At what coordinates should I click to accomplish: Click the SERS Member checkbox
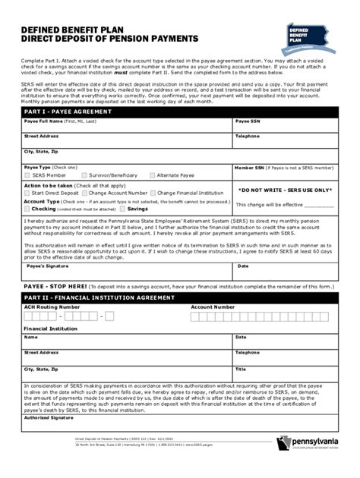[27, 175]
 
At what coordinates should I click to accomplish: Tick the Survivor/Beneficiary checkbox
[84, 175]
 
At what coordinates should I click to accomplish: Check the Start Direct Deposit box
[27, 193]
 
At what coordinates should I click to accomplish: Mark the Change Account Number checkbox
[86, 193]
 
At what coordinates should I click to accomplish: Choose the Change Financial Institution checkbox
[153, 193]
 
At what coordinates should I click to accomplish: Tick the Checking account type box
[27, 208]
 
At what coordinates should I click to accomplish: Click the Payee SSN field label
[248, 121]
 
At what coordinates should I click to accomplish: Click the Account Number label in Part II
[213, 307]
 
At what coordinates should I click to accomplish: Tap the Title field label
[241, 369]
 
